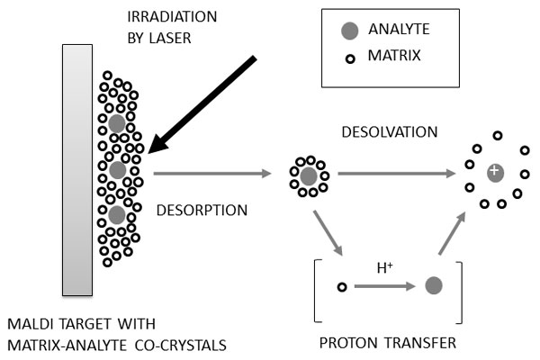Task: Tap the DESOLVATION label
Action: pyautogui.click(x=390, y=132)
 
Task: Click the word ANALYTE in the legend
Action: pyautogui.click(x=398, y=31)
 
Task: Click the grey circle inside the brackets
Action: pyautogui.click(x=433, y=286)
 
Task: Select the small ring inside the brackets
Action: pyautogui.click(x=341, y=287)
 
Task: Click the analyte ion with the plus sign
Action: pyautogui.click(x=493, y=171)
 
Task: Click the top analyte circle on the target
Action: pyautogui.click(x=117, y=123)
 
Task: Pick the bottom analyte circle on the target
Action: pyautogui.click(x=117, y=215)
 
